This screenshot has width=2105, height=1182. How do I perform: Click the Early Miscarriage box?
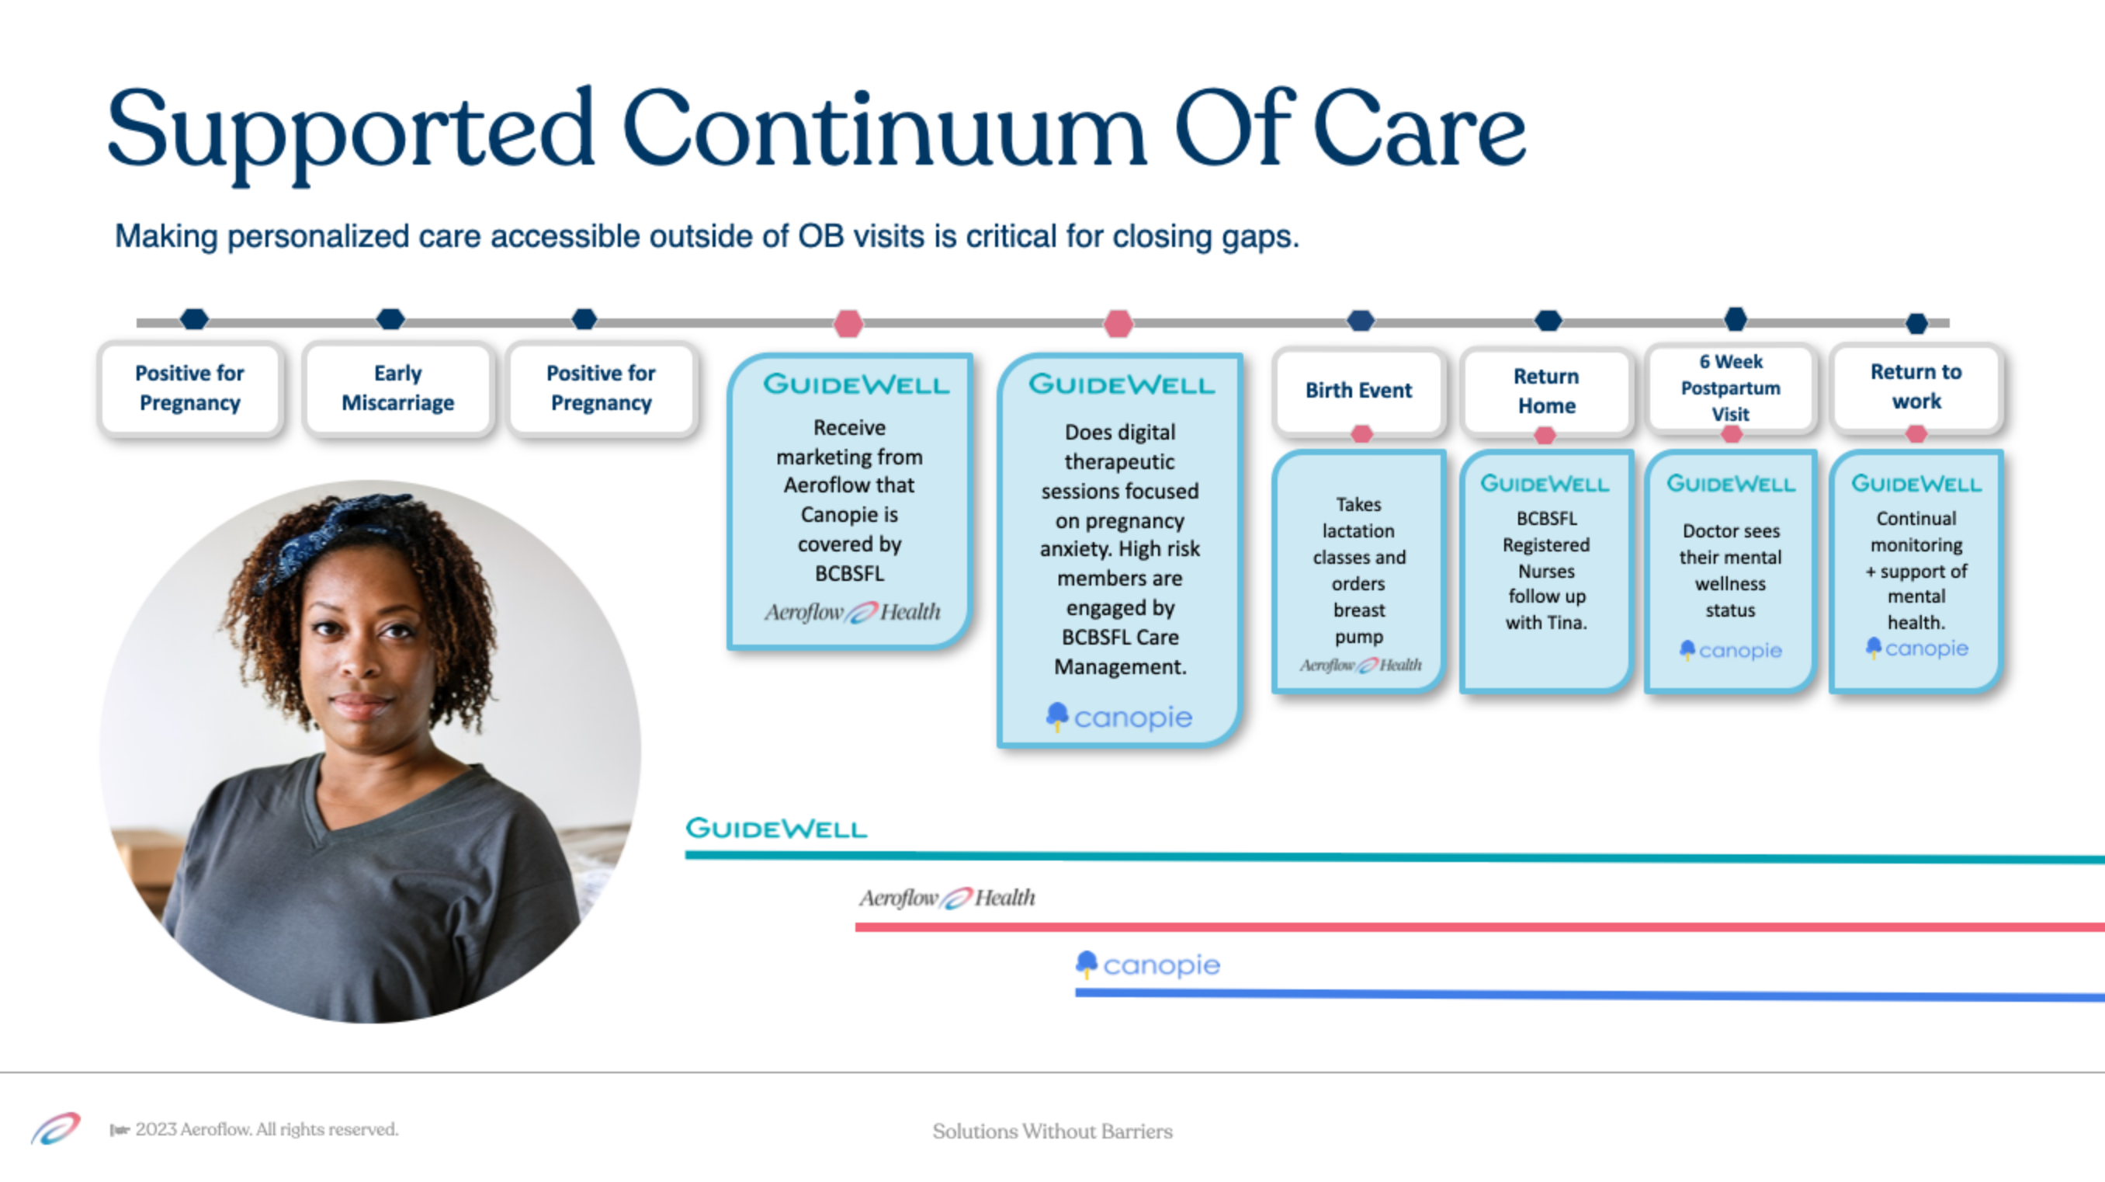point(398,388)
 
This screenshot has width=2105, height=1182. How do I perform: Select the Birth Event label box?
point(1359,391)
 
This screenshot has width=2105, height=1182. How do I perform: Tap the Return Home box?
point(1546,391)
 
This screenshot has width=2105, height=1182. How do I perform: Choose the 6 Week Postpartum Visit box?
point(1731,388)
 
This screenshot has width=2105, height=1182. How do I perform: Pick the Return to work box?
point(1916,387)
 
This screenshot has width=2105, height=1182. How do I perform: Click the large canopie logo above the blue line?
point(1147,965)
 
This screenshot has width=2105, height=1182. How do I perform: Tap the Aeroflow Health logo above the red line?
point(947,898)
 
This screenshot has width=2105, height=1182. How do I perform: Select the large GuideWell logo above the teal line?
point(776,828)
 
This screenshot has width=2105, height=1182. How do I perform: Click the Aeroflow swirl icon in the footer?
point(56,1129)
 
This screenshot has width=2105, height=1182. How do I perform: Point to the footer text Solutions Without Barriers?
point(1052,1132)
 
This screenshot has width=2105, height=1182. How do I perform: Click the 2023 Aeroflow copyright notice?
point(254,1129)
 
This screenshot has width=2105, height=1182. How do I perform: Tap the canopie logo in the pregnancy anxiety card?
point(1118,717)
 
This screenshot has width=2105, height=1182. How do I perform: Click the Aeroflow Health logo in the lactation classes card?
point(1361,666)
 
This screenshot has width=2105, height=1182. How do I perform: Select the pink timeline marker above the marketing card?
point(848,324)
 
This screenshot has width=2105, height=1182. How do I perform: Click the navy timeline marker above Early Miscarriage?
point(390,318)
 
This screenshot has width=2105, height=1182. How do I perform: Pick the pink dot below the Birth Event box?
point(1361,434)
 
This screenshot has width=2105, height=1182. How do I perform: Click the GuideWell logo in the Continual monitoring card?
point(1916,484)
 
